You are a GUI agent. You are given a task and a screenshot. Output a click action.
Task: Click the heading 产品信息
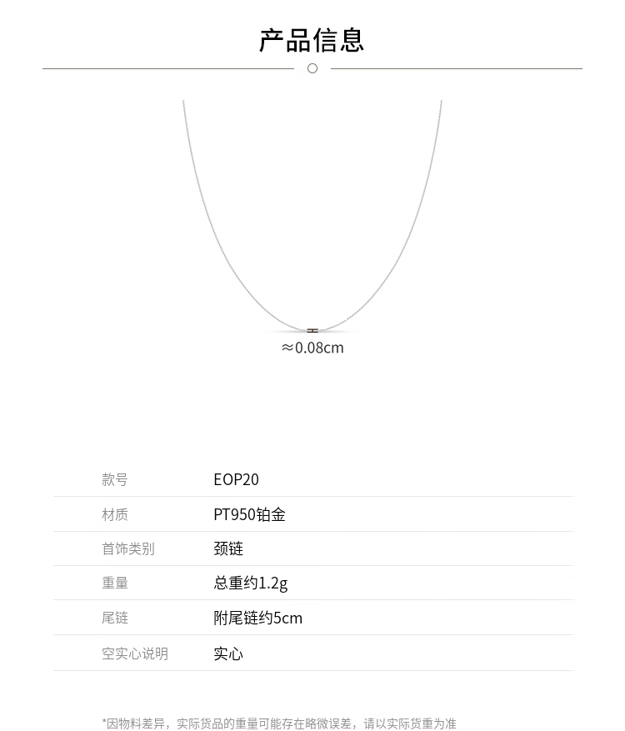312,40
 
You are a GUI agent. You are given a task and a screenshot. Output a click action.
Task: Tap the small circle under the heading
312,68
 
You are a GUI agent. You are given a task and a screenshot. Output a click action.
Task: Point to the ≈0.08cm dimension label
312,348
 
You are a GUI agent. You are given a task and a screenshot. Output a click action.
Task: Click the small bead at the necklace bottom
312,331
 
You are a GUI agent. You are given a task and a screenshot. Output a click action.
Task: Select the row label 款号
115,479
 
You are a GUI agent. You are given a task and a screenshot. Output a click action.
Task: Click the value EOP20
236,479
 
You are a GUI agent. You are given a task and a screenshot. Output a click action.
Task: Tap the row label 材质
115,514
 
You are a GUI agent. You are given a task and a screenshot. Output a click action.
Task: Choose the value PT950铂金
249,514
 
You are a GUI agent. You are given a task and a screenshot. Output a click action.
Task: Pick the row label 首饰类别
127,548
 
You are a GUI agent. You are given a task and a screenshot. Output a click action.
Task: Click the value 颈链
228,548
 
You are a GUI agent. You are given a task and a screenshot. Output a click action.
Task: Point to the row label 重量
115,583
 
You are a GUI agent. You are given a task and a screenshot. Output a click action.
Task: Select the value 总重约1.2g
250,583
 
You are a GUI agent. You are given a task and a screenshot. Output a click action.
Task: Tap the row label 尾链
115,618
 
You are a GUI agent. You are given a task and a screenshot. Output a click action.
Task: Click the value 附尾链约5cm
257,618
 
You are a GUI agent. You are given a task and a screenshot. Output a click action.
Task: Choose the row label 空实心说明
134,653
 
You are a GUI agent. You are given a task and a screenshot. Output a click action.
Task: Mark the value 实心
228,653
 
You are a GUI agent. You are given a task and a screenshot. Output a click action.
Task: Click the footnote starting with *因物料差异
279,723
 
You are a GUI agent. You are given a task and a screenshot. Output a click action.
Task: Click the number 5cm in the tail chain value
288,618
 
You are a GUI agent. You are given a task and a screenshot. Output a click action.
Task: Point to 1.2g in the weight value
273,583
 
